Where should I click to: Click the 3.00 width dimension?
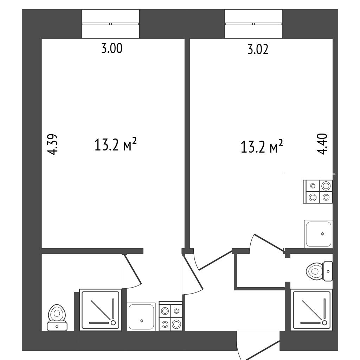[x=112, y=49]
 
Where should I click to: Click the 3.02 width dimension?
[x=258, y=50]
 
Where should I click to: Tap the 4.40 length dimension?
[x=322, y=144]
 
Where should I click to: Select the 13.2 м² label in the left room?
[x=115, y=144]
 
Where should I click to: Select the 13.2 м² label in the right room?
[x=262, y=147]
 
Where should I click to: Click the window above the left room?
[x=110, y=24]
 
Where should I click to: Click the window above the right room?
[x=253, y=24]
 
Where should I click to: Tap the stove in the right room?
[x=318, y=192]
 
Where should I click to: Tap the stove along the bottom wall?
[x=171, y=316]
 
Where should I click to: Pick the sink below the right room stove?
[x=319, y=234]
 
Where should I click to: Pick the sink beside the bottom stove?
[x=142, y=317]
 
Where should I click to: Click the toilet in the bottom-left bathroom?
[x=57, y=317]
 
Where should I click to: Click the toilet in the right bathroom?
[x=319, y=271]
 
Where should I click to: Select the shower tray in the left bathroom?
[x=100, y=310]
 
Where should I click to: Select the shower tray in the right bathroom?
[x=312, y=310]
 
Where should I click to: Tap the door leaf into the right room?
[x=269, y=243]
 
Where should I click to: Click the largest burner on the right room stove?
[x=326, y=186]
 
